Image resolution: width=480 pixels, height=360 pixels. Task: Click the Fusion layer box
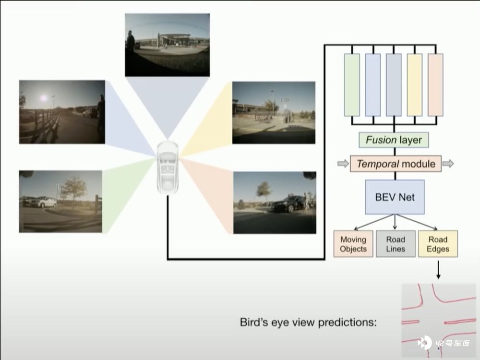pos(394,140)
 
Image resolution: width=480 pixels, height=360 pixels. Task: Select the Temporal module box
pos(396,164)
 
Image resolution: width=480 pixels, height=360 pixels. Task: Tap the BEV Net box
pos(395,197)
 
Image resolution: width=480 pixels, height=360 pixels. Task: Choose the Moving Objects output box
pos(353,244)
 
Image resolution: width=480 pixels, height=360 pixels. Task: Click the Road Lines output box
pos(396,244)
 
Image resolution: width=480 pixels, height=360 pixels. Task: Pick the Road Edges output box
pos(438,244)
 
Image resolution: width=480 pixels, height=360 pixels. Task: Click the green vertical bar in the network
pos(352,85)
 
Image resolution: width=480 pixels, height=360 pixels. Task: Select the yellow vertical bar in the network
pos(415,85)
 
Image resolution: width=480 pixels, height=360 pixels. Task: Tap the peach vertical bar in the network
pos(435,85)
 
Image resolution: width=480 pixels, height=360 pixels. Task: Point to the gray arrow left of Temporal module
pos(343,164)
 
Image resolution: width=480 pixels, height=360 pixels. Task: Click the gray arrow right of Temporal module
pos(448,164)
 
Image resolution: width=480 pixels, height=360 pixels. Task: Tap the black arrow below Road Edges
pos(438,270)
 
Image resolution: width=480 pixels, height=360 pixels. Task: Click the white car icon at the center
pos(168,167)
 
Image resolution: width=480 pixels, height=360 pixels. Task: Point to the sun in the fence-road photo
pos(44,98)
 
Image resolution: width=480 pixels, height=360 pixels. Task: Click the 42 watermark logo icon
pos(424,343)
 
